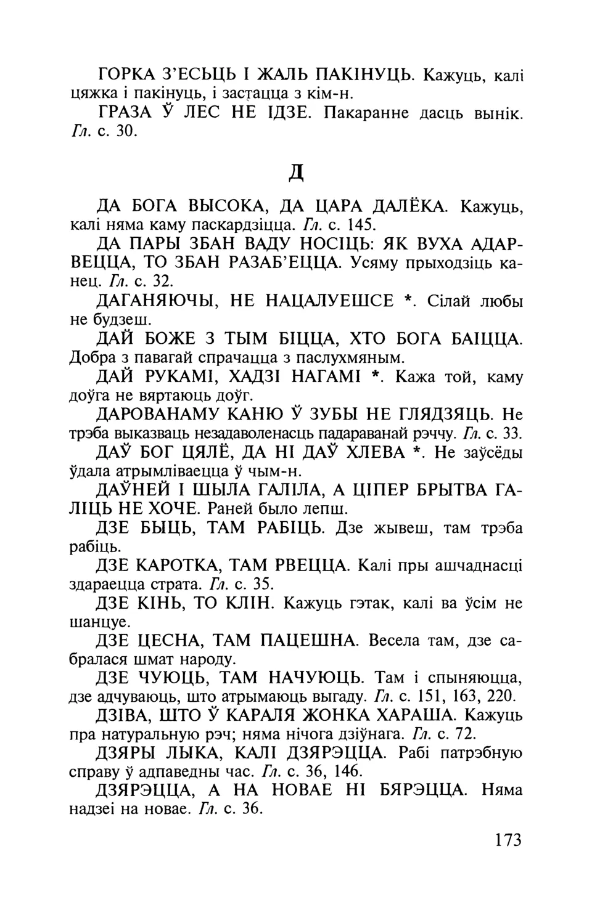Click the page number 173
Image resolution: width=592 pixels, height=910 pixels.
click(x=508, y=840)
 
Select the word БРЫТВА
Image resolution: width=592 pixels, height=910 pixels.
click(x=435, y=491)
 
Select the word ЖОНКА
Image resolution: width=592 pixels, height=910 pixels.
click(x=352, y=717)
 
